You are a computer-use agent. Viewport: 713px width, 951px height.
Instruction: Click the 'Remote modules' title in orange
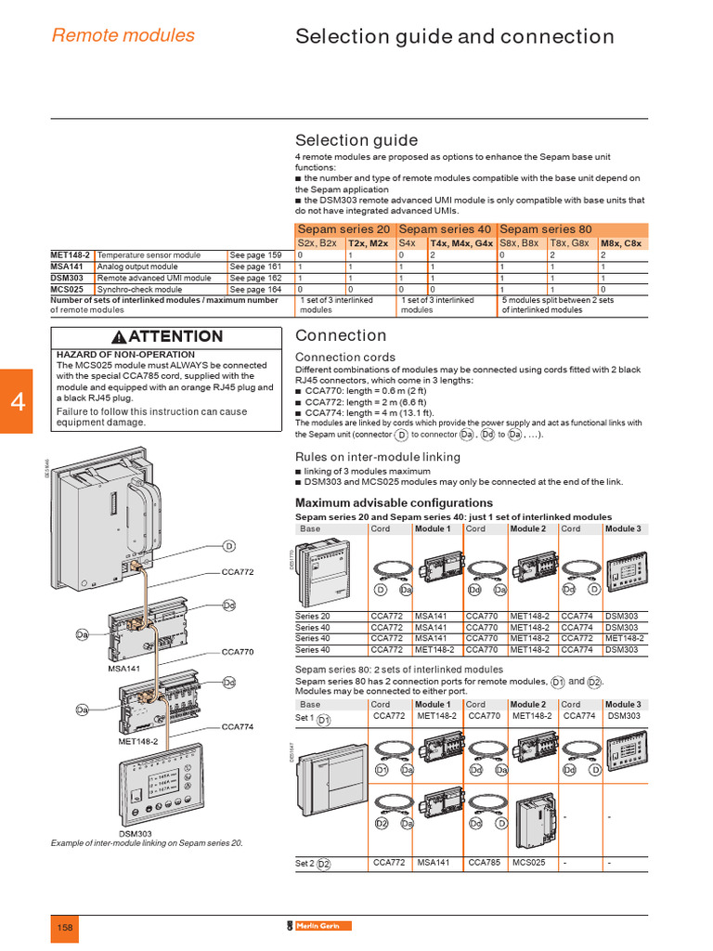pos(123,35)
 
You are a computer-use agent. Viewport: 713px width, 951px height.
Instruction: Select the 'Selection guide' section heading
pos(356,140)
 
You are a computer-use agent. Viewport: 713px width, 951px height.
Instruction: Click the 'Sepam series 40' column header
pos(445,229)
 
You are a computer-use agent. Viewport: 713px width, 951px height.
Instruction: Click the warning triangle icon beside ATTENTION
pos(119,337)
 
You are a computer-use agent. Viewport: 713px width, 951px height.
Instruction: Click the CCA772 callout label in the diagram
pos(237,572)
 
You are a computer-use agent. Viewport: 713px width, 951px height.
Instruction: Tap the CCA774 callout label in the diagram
pos(237,726)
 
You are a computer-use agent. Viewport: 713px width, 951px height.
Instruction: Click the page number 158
pos(65,928)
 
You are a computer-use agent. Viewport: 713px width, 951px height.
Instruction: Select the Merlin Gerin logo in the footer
pos(319,927)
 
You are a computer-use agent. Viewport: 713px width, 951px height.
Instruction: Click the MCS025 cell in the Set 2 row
pos(529,863)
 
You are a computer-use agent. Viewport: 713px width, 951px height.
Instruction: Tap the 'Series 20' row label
pos(312,617)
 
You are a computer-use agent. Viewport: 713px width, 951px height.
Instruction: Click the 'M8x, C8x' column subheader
pos(620,243)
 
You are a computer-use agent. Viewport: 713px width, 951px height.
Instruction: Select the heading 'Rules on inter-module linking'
pos(377,456)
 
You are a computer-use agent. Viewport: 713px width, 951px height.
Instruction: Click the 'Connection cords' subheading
pos(344,357)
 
